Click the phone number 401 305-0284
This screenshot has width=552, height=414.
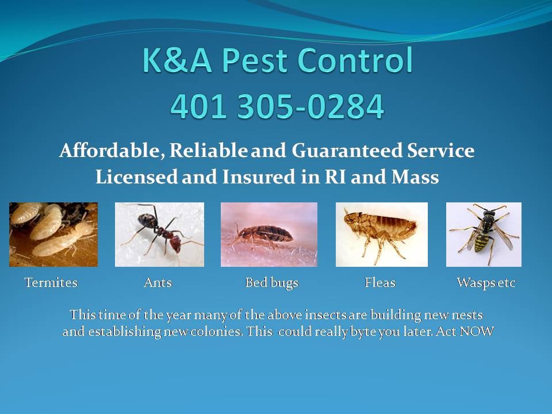pos(277,106)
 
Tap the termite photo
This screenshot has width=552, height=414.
pos(53,234)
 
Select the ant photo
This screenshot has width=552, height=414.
pos(159,234)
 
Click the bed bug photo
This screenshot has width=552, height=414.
pos(269,234)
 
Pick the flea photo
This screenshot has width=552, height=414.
pos(382,234)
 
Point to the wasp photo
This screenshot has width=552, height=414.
pos(484,234)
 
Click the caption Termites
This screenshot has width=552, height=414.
pos(51,283)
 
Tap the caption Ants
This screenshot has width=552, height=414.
pos(158,283)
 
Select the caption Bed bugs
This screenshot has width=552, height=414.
pos(271,283)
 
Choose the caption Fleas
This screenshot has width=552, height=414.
pos(380,283)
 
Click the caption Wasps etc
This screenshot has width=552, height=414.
pos(486,283)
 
